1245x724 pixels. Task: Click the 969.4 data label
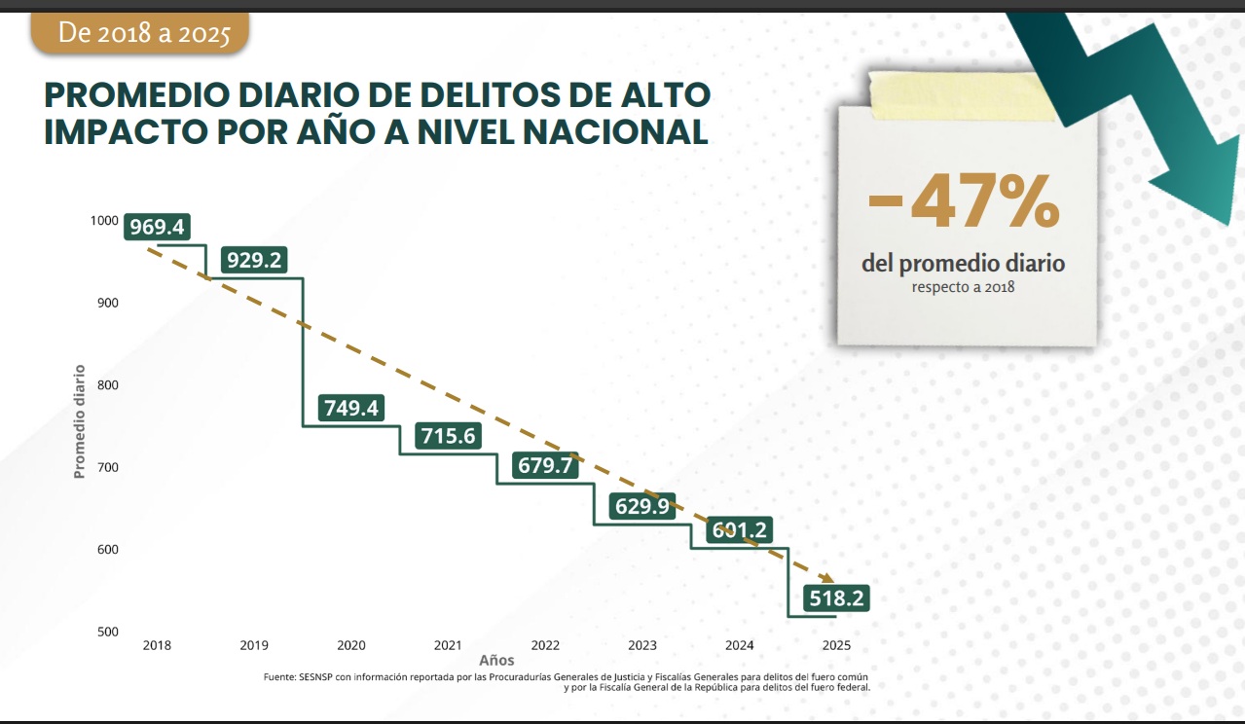[157, 228]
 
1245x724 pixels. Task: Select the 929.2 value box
[254, 261]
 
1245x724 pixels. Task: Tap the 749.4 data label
[351, 408]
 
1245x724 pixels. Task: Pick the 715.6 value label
[448, 436]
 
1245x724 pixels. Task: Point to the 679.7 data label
[545, 465]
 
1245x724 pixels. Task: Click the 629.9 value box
[642, 506]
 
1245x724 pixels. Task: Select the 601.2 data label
[740, 530]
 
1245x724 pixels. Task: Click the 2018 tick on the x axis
[158, 645]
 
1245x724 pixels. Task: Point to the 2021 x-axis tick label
[448, 645]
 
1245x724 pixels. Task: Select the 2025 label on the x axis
[836, 645]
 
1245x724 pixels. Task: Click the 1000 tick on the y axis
[104, 220]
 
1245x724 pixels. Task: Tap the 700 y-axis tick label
[107, 467]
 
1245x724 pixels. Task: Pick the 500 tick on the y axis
[107, 632]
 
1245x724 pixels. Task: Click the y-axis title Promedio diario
[80, 420]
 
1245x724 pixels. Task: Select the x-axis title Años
[496, 661]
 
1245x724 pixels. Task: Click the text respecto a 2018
[963, 287]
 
